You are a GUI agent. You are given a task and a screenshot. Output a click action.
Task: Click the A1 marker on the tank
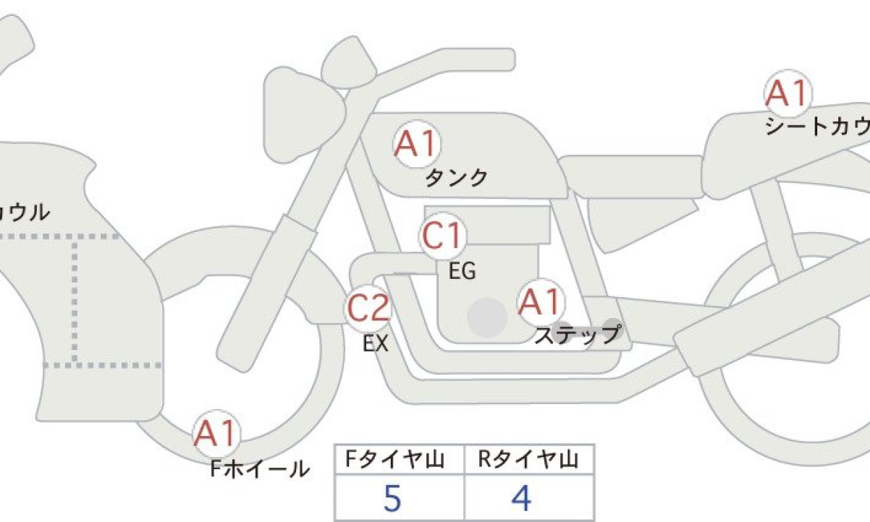(x=417, y=144)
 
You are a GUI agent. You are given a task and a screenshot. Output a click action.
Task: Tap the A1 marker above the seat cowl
(x=787, y=93)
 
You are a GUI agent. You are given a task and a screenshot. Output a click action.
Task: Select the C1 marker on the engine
(x=443, y=236)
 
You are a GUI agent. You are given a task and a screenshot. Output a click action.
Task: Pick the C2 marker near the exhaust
(x=368, y=308)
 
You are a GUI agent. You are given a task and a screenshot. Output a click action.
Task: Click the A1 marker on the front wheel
(x=216, y=433)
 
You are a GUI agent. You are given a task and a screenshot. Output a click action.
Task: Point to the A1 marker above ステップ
(x=541, y=302)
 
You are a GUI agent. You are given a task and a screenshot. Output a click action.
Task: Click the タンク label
(x=457, y=178)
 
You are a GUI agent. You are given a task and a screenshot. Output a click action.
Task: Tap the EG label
(x=463, y=271)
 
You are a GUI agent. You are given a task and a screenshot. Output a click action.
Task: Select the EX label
(x=376, y=343)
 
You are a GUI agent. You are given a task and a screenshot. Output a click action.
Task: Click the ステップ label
(x=578, y=335)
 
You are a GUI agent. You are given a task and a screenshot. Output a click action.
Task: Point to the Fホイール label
(x=260, y=468)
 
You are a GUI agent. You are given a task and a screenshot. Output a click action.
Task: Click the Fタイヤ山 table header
(x=394, y=459)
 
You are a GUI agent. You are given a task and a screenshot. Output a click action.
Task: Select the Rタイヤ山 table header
(x=528, y=459)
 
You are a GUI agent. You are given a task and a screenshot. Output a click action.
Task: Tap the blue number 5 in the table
(x=392, y=498)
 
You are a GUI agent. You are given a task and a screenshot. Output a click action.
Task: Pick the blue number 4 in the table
(x=521, y=498)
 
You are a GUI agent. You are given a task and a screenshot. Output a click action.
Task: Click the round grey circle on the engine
(x=487, y=317)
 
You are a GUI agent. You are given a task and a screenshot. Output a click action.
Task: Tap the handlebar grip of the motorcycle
(x=478, y=60)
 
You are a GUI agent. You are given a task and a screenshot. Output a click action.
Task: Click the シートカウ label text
(x=818, y=126)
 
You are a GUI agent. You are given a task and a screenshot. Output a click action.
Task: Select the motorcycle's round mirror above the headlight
(x=350, y=63)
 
